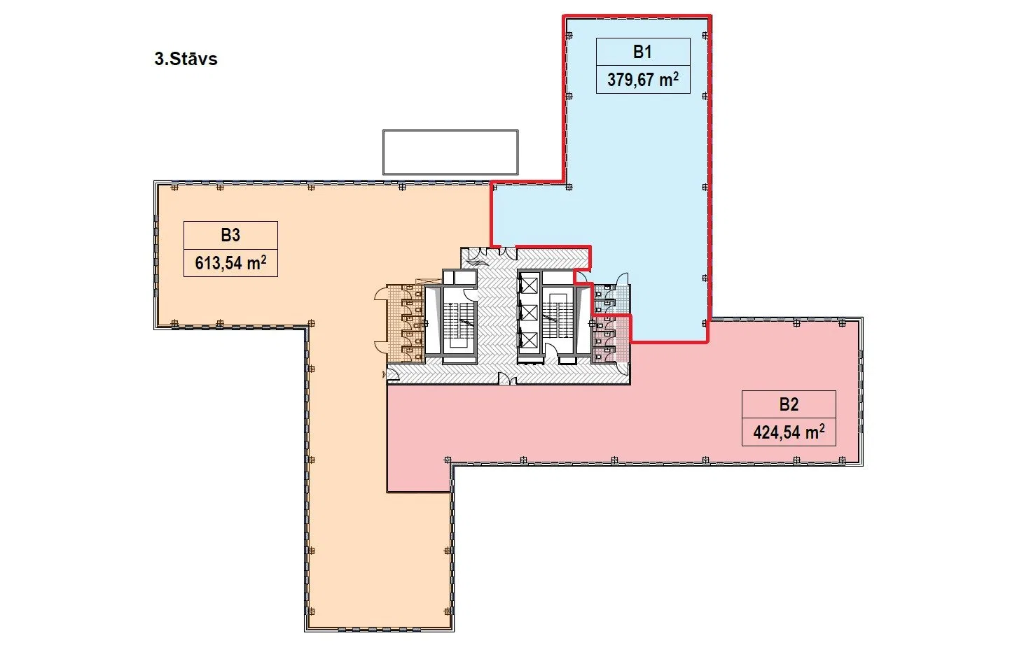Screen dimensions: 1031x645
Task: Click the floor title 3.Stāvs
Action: [186, 59]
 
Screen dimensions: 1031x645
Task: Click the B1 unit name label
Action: [642, 52]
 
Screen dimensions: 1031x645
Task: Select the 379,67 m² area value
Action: [642, 80]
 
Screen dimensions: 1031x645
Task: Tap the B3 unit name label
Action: [230, 235]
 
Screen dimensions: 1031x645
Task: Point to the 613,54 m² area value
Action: [230, 263]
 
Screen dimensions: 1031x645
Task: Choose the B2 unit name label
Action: [789, 404]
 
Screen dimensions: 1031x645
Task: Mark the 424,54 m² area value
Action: [789, 432]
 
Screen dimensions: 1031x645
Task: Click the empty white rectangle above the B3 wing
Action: [450, 153]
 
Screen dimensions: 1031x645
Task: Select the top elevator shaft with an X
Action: [529, 285]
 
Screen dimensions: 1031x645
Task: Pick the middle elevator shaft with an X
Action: [529, 313]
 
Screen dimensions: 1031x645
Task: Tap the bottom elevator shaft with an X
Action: [529, 340]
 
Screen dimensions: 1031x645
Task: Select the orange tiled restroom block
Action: [405, 324]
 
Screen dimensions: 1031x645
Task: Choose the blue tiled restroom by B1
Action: [611, 299]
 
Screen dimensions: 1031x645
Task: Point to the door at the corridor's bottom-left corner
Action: [393, 376]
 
